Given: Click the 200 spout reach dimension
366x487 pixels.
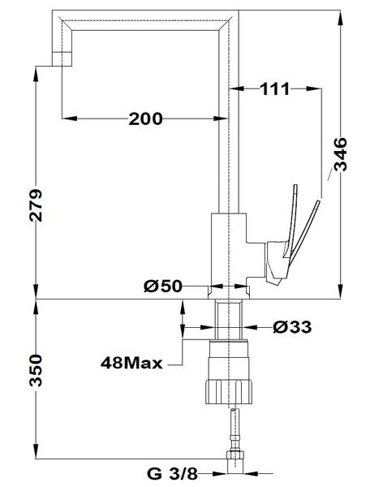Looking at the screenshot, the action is pyautogui.click(x=145, y=119).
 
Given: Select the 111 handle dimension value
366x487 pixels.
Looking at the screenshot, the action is pyautogui.click(x=274, y=89).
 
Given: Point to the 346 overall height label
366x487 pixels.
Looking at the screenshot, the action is pyautogui.click(x=341, y=154).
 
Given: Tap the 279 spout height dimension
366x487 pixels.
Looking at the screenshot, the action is pyautogui.click(x=36, y=205).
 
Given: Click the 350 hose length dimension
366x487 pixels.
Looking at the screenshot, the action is pyautogui.click(x=36, y=370).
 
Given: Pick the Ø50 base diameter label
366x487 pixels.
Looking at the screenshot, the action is pyautogui.click(x=162, y=286).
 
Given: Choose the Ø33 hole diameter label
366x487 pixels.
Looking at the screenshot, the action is pyautogui.click(x=292, y=327).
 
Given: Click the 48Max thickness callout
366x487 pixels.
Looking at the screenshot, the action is pyautogui.click(x=131, y=363).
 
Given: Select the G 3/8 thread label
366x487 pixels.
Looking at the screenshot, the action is pyautogui.click(x=172, y=474).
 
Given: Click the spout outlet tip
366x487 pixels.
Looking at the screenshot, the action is pyautogui.click(x=62, y=59).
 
